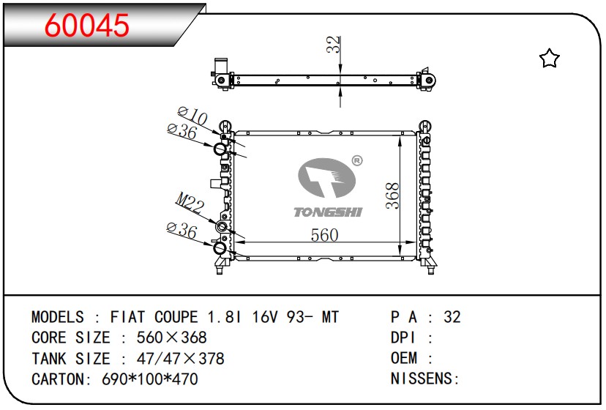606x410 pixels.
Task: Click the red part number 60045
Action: pos(86,26)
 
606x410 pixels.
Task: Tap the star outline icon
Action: pos(549,59)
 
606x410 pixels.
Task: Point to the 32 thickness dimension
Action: pos(333,45)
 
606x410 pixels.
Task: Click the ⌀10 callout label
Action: pos(192,116)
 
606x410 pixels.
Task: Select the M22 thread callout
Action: pos(190,203)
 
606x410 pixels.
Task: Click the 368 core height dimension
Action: pos(392,195)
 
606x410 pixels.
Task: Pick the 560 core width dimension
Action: pos(325,235)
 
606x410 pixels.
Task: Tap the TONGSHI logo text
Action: pos(328,212)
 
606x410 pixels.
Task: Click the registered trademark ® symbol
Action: pos(357,160)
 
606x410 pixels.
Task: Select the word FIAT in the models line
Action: pos(127,317)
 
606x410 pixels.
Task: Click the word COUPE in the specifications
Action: pos(176,317)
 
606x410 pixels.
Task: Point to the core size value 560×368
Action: pos(171,338)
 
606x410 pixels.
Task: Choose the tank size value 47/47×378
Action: pos(181,359)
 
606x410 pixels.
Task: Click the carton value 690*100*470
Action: pos(150,379)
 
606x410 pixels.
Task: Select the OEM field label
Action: pos(404,358)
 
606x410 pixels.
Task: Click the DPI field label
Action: pos(403,338)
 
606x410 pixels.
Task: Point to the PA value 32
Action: pos(452,317)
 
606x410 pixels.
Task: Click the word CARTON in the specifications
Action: pos(59,379)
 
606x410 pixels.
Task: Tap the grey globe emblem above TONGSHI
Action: pos(327,178)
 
